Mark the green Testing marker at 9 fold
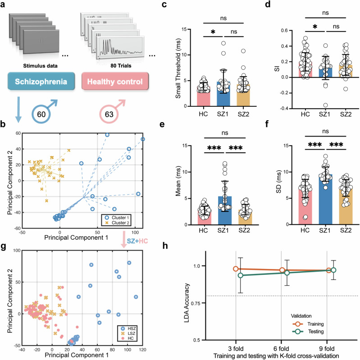334,270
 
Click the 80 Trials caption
120,84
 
